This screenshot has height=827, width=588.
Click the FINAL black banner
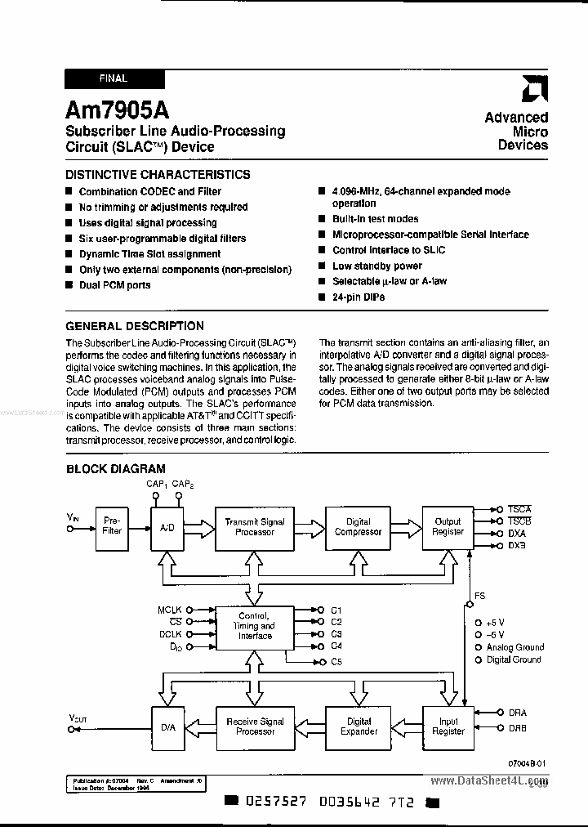pyautogui.click(x=114, y=78)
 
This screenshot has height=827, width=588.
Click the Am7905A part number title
pyautogui.click(x=118, y=110)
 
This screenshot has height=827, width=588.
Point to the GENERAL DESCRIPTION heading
pyautogui.click(x=135, y=326)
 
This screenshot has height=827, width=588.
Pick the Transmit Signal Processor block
pyautogui.click(x=255, y=527)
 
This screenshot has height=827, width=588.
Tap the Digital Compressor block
pyautogui.click(x=358, y=527)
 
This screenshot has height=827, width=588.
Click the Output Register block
pyautogui.click(x=448, y=527)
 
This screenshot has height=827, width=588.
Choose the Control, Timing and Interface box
pyautogui.click(x=255, y=626)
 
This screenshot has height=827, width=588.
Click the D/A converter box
pyautogui.click(x=167, y=726)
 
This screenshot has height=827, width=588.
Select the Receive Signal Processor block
pyautogui.click(x=255, y=726)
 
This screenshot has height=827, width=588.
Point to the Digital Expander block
pyautogui.click(x=358, y=726)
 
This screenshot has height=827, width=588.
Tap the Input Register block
pyautogui.click(x=448, y=726)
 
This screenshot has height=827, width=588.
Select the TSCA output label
pyautogui.click(x=519, y=509)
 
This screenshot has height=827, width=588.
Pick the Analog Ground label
pyautogui.click(x=514, y=647)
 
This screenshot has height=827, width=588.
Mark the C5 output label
pyautogui.click(x=336, y=661)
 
